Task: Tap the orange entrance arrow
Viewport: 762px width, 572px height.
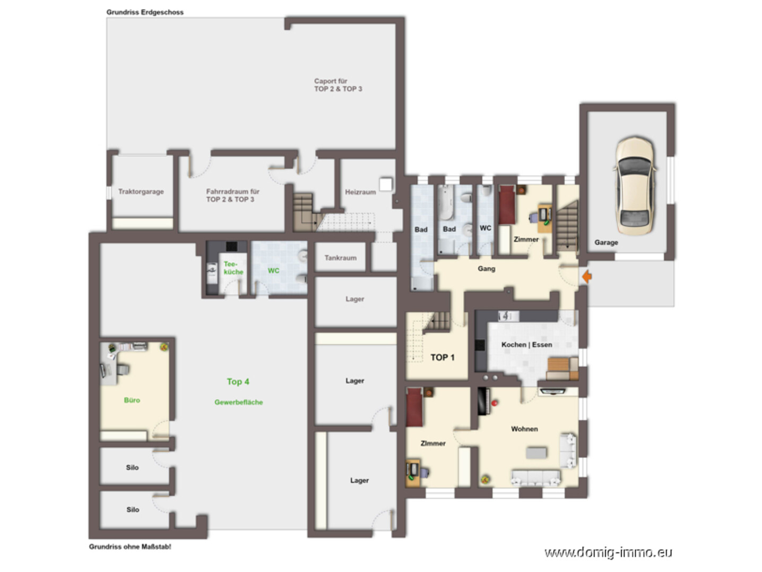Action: pos(587,277)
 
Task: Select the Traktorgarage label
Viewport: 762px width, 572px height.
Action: pos(141,191)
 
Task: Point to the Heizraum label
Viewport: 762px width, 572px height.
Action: pos(360,192)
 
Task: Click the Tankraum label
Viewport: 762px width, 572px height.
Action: pos(341,258)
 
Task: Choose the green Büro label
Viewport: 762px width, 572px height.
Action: pos(132,400)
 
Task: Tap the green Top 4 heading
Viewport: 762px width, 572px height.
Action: pos(238,382)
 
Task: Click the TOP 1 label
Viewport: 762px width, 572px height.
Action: pos(443,357)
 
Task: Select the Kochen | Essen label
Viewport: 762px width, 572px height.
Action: pos(526,345)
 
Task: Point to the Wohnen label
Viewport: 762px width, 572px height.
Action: pos(525,429)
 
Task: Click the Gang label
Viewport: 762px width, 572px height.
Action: pos(487,269)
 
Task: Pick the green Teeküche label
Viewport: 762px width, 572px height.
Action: pos(233,268)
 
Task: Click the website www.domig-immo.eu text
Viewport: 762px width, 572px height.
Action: pos(608,552)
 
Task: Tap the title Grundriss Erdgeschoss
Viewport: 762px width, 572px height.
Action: pos(145,12)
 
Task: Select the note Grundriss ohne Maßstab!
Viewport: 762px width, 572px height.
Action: pos(130,547)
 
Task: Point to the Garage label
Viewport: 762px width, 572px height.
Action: pos(606,242)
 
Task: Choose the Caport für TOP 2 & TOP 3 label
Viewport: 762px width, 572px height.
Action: pos(338,85)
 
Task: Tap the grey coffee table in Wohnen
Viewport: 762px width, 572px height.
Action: pos(536,453)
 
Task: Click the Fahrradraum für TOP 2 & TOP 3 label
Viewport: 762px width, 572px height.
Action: pos(232,195)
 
